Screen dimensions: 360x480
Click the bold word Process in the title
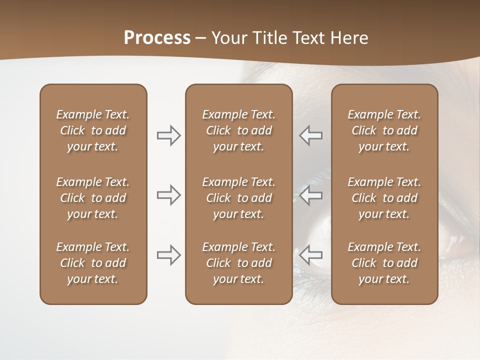tap(157, 38)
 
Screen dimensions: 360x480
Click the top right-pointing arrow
tap(168, 135)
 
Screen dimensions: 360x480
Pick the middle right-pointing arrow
tap(168, 195)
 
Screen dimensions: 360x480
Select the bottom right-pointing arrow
tap(168, 255)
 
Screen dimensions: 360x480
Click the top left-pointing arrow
tap(310, 135)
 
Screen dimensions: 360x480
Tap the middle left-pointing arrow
tap(310, 195)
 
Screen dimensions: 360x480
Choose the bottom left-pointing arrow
tap(310, 255)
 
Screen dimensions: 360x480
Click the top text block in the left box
tap(93, 130)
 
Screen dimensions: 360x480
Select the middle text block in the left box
tap(93, 198)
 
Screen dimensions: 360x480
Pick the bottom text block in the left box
tap(93, 263)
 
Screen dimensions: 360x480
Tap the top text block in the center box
tap(238, 130)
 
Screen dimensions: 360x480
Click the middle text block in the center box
tap(238, 198)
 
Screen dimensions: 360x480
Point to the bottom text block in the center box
tap(238, 263)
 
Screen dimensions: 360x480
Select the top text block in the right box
tap(384, 130)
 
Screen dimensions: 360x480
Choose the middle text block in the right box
tap(384, 198)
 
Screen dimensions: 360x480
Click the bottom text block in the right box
tap(384, 263)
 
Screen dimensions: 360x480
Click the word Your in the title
tap(229, 38)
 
